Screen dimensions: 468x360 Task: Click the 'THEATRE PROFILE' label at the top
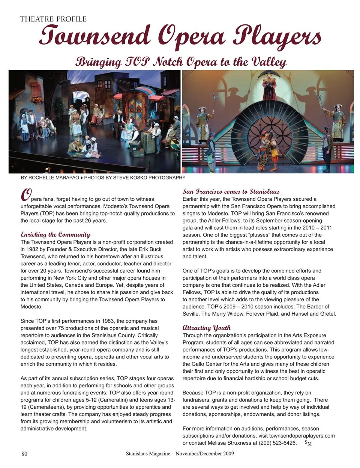[53, 19]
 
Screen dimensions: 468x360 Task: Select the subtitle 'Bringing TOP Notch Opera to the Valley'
[181, 62]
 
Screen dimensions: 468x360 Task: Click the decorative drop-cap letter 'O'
[25, 195]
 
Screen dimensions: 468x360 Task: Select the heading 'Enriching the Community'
[55, 235]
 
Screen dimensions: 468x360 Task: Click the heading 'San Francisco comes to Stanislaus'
[231, 191]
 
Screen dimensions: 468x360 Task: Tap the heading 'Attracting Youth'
[207, 328]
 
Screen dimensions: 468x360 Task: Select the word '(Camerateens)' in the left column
[42, 407]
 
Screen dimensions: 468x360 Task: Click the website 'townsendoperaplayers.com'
[302, 436]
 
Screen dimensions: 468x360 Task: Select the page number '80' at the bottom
[24, 454]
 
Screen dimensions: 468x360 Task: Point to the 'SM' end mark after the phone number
[308, 443]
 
